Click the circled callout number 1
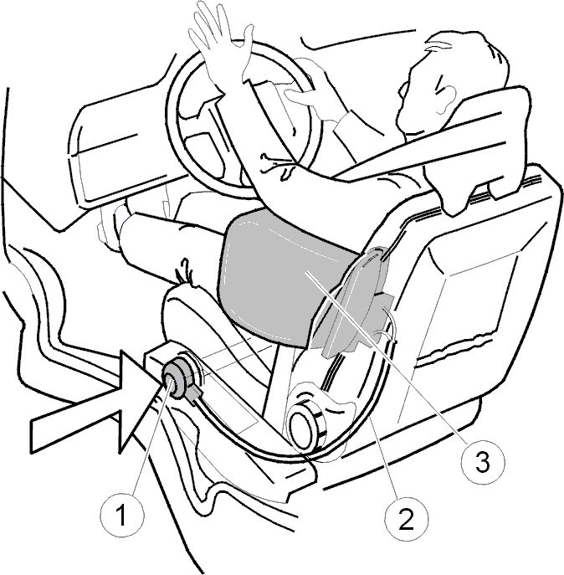122,515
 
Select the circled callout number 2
407,519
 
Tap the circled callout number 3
483,461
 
